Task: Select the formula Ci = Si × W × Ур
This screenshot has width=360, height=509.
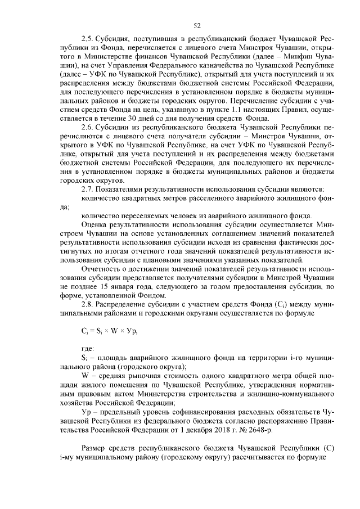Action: (x=109, y=331)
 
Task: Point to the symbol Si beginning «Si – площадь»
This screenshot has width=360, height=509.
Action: (x=84, y=358)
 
